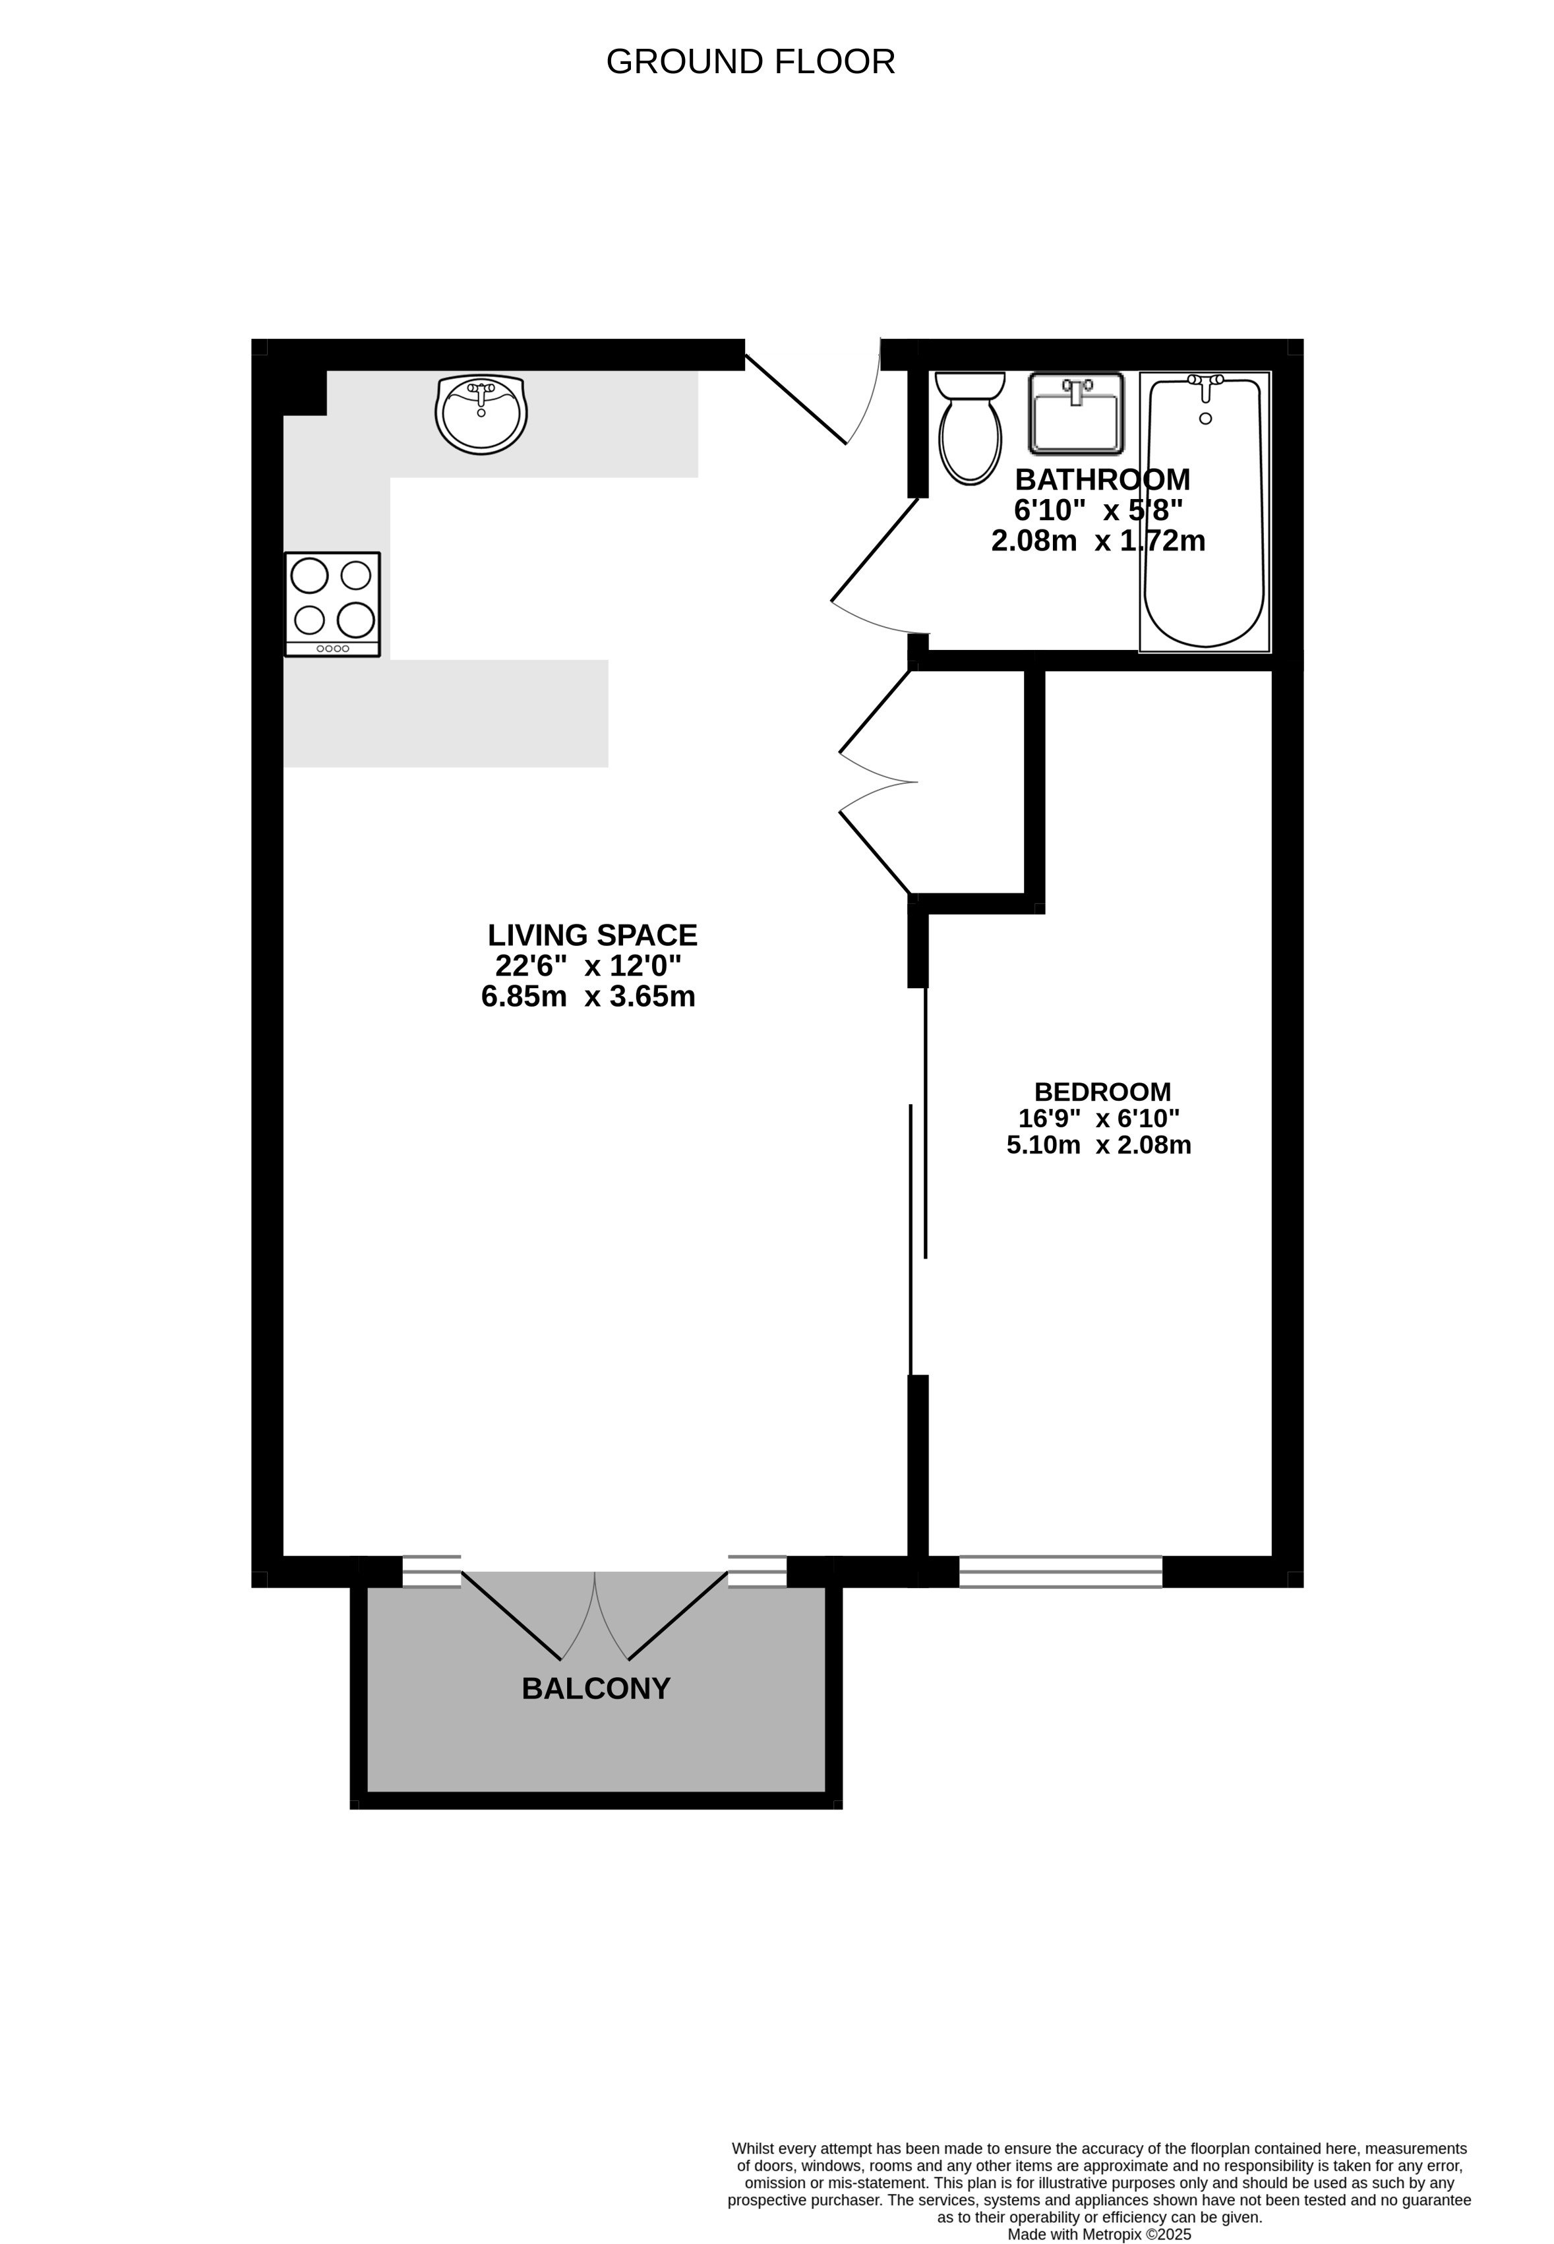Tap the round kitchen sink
coord(481,415)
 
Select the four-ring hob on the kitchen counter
coord(332,605)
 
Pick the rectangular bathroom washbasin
coord(1076,414)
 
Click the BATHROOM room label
coord(1102,480)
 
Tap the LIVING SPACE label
coord(592,935)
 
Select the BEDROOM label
coord(1102,1092)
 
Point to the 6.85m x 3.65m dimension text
coord(588,997)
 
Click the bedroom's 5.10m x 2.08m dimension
coord(1099,1145)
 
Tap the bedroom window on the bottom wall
coord(1060,1572)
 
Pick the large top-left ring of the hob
coord(310,576)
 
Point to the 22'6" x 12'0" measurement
coord(588,966)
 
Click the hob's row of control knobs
coord(332,649)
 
